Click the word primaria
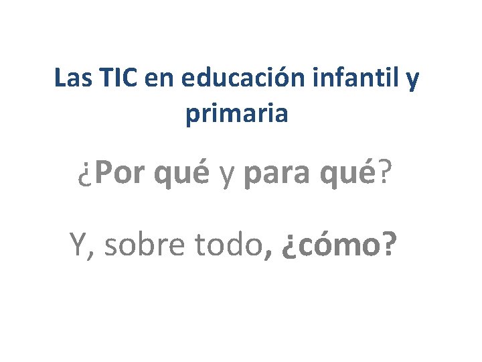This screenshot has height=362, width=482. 237,114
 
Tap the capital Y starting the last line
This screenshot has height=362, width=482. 80,245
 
